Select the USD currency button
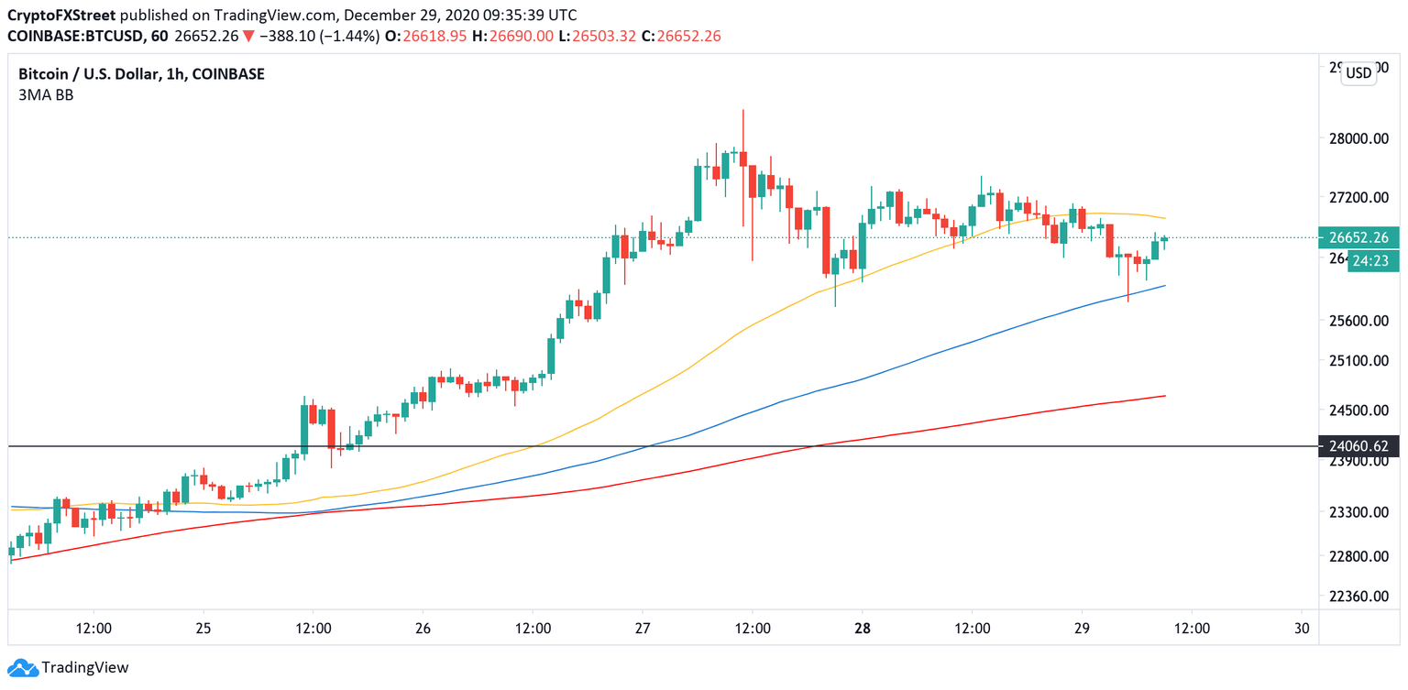click(1358, 73)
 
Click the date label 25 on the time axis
click(203, 629)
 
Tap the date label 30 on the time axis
click(1301, 629)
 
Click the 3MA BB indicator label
click(46, 94)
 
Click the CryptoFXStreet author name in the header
click(60, 16)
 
